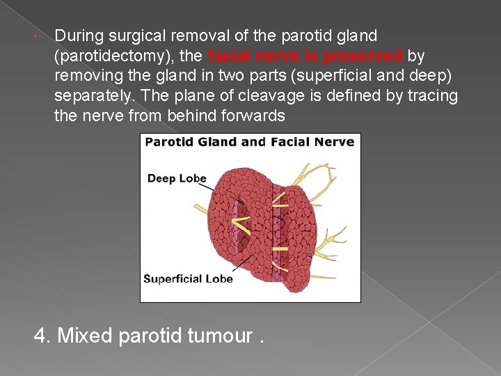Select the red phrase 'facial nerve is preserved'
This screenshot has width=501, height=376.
pyautogui.click(x=305, y=56)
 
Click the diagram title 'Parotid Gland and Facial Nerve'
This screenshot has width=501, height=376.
pyautogui.click(x=250, y=142)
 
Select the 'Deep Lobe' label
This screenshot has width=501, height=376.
pyautogui.click(x=177, y=178)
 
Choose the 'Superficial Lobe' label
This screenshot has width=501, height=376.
pyautogui.click(x=188, y=279)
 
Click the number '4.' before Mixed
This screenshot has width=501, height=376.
pyautogui.click(x=43, y=336)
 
